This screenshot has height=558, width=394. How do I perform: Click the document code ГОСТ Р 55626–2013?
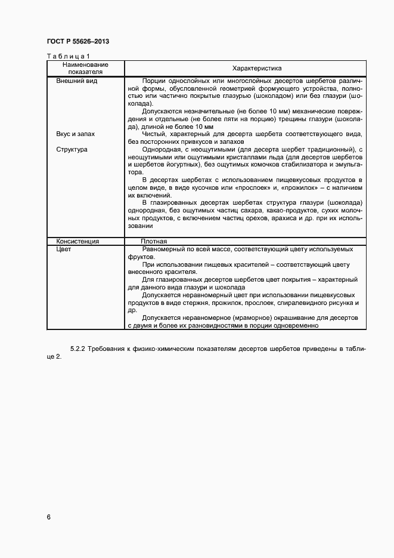tap(77, 41)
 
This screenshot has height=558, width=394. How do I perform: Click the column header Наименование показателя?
tap(84, 67)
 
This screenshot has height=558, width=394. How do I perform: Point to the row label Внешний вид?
tap(76, 81)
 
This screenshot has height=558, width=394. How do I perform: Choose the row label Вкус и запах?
tap(76, 134)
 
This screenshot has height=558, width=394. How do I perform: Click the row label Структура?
tap(72, 149)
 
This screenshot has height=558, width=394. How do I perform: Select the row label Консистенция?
tap(77, 241)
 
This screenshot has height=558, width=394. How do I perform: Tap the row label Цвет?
tap(64, 249)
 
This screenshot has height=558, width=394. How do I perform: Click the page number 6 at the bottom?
tap(49, 517)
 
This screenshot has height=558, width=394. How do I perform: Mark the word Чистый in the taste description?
tap(154, 134)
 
